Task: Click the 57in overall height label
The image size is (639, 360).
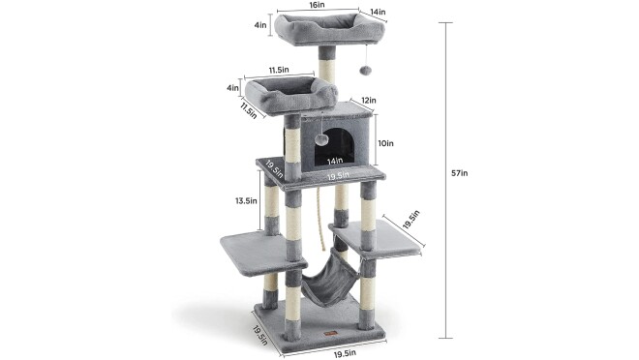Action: [459, 173]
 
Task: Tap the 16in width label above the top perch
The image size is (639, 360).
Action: [317, 5]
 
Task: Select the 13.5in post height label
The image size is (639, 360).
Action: [246, 200]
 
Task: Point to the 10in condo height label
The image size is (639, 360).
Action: [385, 143]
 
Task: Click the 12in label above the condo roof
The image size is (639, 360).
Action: [369, 101]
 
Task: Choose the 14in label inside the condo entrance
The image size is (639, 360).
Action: [335, 162]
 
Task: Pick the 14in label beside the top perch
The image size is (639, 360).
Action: [378, 13]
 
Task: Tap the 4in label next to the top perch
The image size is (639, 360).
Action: [260, 25]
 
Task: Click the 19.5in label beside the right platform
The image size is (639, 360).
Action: [411, 220]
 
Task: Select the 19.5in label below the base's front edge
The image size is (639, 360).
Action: [345, 353]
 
